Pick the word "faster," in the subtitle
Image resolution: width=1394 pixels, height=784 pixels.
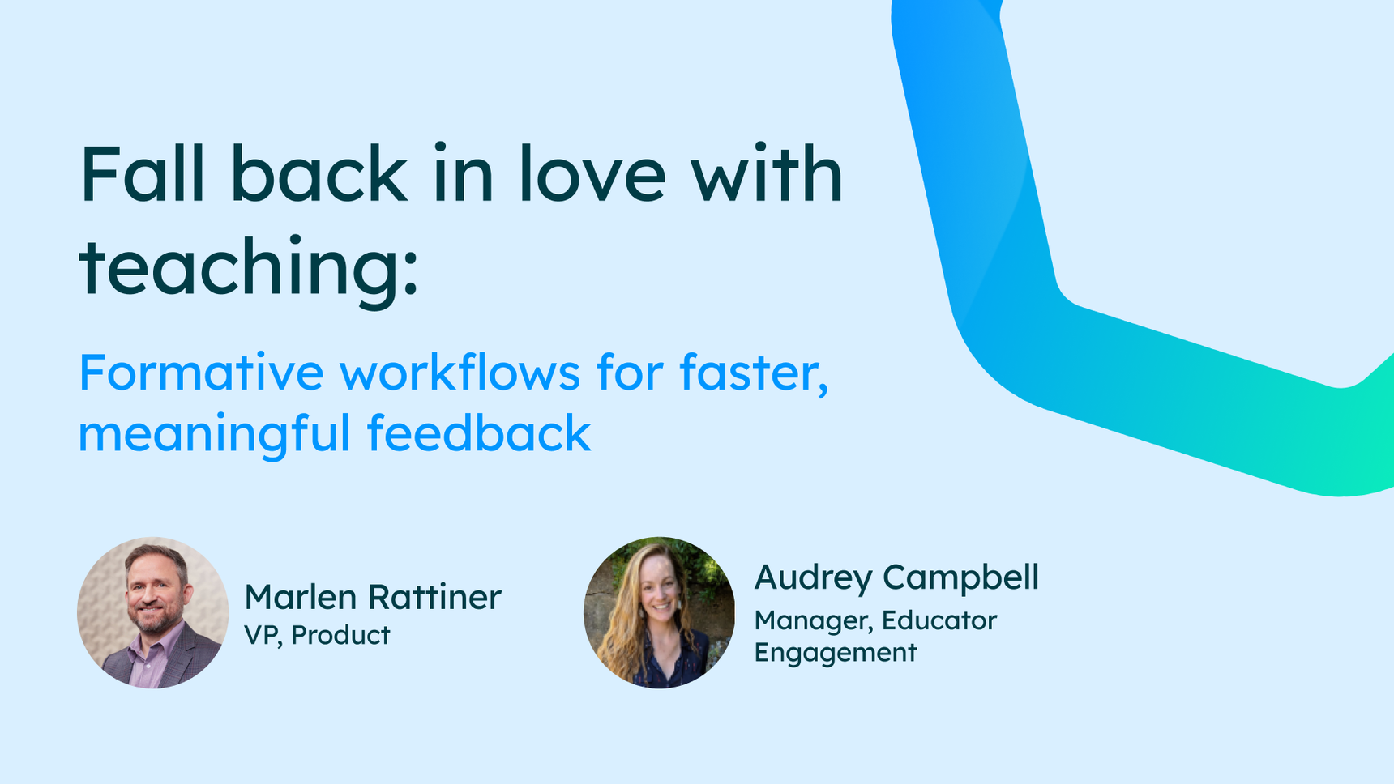click(754, 374)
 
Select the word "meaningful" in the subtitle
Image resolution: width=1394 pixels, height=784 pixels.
click(214, 435)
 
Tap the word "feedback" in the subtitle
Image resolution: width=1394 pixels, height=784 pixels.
click(479, 432)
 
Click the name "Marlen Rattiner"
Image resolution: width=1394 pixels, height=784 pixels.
click(373, 598)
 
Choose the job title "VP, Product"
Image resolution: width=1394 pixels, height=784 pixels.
click(317, 636)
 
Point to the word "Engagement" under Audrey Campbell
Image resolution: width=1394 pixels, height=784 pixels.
click(836, 653)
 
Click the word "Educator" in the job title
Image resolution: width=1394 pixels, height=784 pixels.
click(939, 620)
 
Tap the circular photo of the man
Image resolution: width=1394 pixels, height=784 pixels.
click(152, 612)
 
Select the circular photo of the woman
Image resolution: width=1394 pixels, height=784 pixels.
click(659, 612)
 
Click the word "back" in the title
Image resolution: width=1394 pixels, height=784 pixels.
click(319, 173)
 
